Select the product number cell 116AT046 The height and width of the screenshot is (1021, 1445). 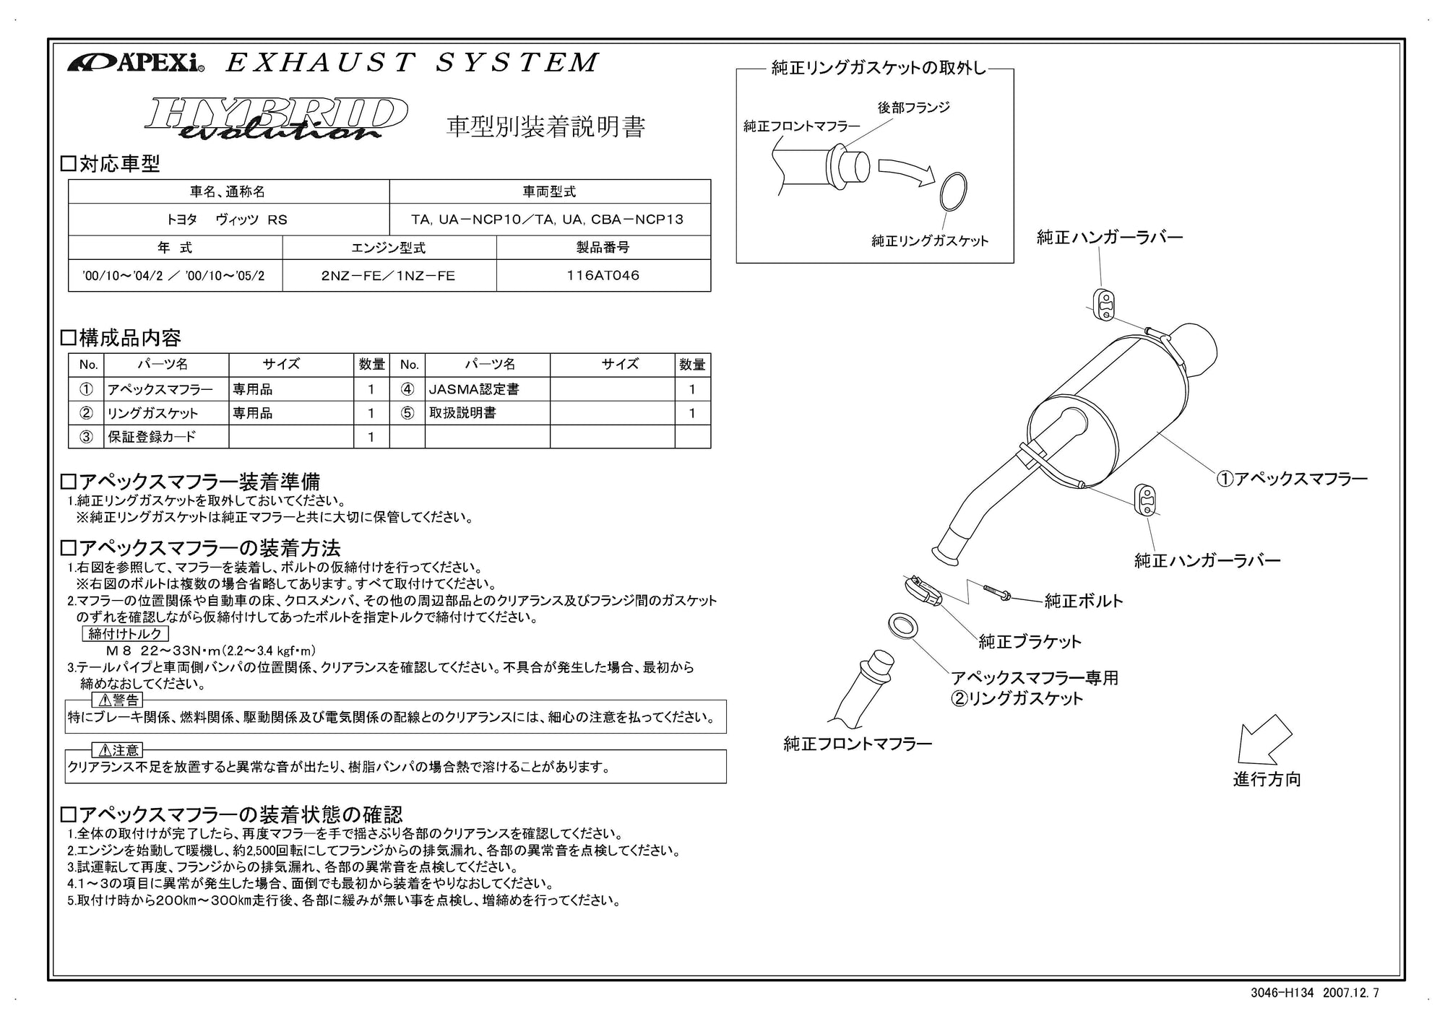coord(603,276)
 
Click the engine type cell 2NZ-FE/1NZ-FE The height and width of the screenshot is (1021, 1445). coord(389,276)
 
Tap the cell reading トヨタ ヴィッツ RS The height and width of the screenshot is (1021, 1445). coord(228,220)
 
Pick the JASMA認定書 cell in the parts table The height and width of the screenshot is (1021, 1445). coord(474,389)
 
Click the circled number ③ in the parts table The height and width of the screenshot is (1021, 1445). coord(86,437)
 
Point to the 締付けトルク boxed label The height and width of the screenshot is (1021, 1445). coord(126,634)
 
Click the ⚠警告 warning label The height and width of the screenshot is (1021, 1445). coord(118,700)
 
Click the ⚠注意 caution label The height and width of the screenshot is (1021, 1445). coord(118,750)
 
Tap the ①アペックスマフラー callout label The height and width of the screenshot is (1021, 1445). coord(1292,479)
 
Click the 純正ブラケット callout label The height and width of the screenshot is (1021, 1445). coord(1030,641)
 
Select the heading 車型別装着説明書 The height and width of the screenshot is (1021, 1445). coord(545,126)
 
